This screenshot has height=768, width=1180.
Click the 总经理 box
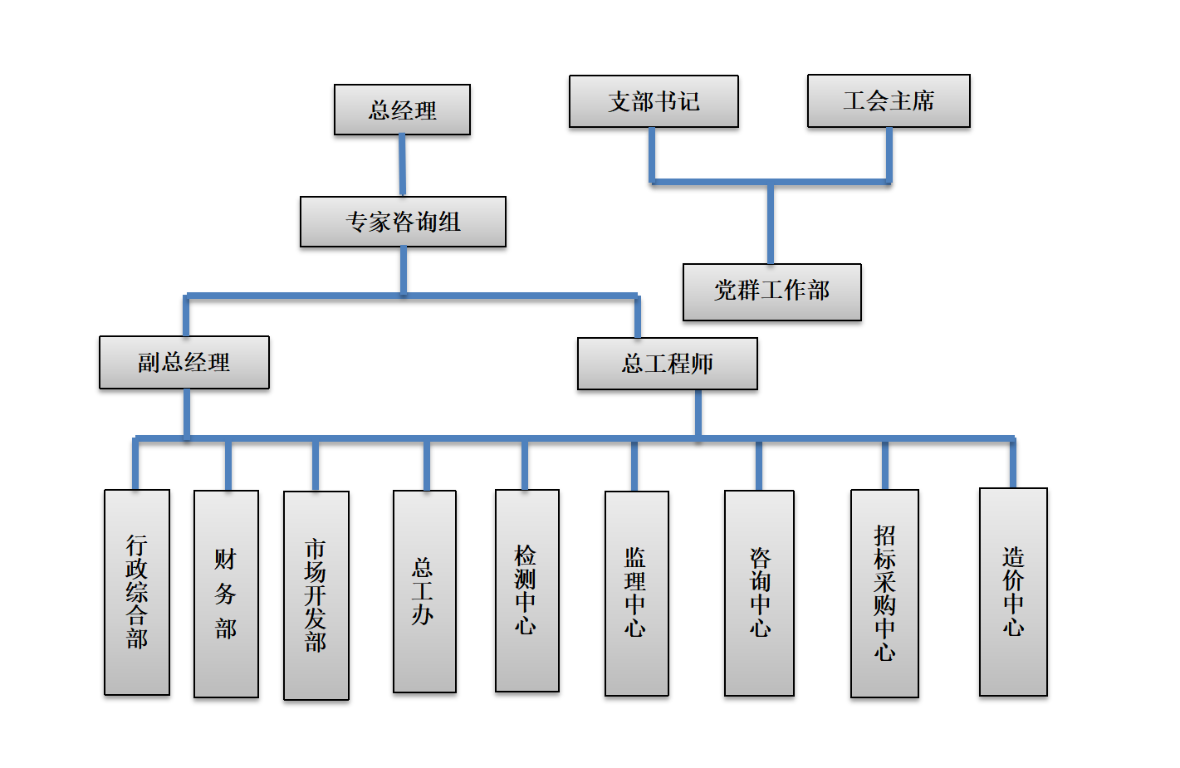tap(402, 110)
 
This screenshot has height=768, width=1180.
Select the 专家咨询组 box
tap(403, 222)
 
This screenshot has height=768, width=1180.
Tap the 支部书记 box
tap(654, 101)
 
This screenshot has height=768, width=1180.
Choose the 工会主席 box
tap(889, 100)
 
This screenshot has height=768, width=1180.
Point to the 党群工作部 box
tap(771, 291)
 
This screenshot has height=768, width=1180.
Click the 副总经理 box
tap(184, 362)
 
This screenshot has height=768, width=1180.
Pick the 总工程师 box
tap(668, 363)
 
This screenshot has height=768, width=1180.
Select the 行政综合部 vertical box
tap(137, 592)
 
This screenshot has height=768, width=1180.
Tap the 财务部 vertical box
tap(226, 594)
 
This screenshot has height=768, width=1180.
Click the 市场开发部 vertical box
tap(316, 595)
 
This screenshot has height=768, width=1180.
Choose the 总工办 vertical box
tap(424, 591)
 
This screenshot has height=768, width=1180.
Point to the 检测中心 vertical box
tap(526, 590)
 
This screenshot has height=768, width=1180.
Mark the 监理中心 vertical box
tap(637, 593)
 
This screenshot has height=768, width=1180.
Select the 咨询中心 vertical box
tap(759, 593)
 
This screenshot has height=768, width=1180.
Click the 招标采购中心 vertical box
tap(884, 593)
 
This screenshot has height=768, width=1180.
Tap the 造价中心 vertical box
tap(1013, 591)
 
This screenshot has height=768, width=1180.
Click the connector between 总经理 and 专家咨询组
tap(403, 165)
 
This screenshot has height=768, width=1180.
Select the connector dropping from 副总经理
tap(187, 413)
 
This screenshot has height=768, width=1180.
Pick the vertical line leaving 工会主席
tap(889, 154)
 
